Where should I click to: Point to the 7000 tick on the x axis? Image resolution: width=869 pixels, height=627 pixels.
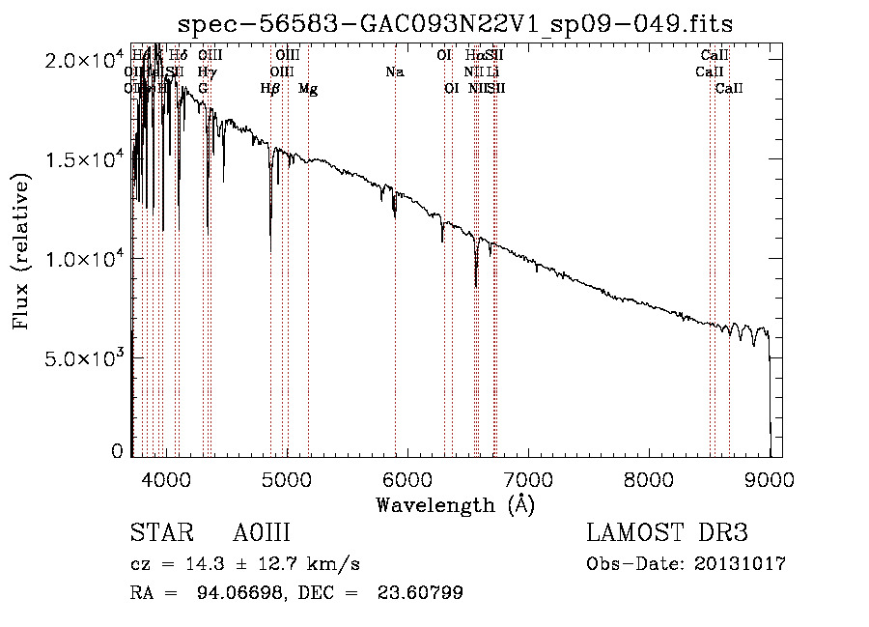coord(527,479)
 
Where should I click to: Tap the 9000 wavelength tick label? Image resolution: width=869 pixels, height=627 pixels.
coord(770,479)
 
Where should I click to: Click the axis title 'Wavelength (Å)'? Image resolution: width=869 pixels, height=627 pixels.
coord(455,504)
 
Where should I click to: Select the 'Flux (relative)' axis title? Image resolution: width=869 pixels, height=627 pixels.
coord(21,250)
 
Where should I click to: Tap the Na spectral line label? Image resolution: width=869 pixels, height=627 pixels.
coord(394,72)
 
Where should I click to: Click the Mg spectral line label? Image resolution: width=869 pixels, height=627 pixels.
coord(308,89)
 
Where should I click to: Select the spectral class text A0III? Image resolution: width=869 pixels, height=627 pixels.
coord(262,533)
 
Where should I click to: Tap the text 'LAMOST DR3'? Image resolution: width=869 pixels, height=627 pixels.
coord(667,533)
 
